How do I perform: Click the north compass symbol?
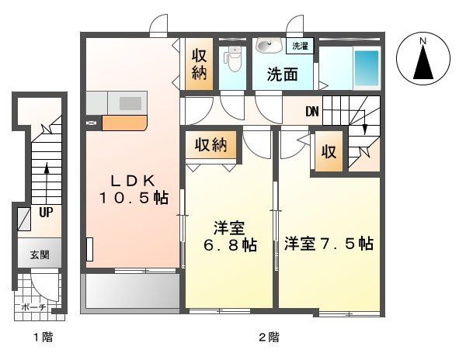point(423,58)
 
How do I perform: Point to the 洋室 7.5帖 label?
point(329,243)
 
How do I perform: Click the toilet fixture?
point(232,58)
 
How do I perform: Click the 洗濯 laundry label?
point(300,47)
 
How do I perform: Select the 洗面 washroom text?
point(283,75)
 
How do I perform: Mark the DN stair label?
point(312,111)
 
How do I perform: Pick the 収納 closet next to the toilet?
point(199,65)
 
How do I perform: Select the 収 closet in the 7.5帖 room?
point(329,152)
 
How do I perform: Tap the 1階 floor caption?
point(43,337)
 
